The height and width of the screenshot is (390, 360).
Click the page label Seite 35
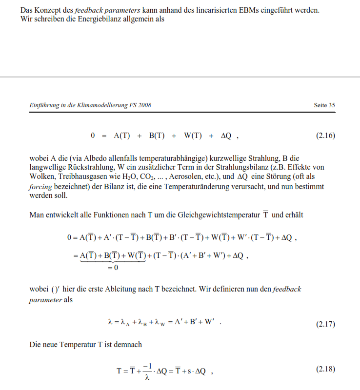click(325, 105)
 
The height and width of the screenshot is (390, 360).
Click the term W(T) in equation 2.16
click(193, 136)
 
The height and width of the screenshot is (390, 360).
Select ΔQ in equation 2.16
click(226, 136)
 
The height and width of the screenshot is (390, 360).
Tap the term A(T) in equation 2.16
click(121, 136)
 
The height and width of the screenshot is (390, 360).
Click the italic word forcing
click(41, 186)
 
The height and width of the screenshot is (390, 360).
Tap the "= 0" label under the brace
click(112, 268)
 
